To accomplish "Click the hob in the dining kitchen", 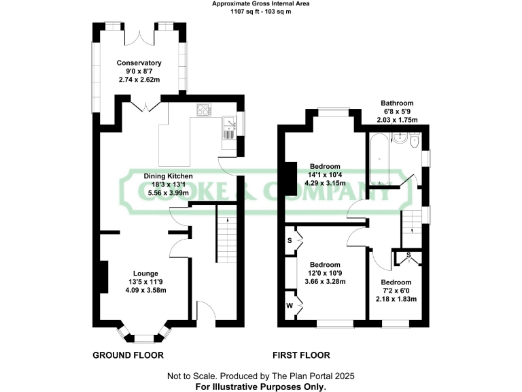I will pos(204,110).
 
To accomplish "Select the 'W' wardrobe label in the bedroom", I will pos(290,306).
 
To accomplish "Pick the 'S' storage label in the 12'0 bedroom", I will pos(290,241).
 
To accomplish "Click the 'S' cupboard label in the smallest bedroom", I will pos(409,256).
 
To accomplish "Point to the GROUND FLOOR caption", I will pos(128,355).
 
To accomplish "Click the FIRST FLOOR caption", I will pos(301,355).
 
